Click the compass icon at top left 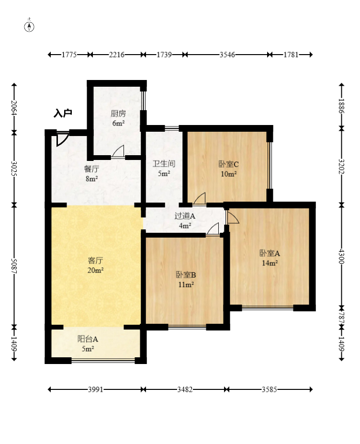coord(29,26)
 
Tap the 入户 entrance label coord(63,113)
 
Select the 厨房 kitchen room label coord(118,114)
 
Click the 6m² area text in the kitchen coord(118,123)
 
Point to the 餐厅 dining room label coord(92,169)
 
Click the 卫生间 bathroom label coord(164,164)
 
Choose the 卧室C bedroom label coord(229,164)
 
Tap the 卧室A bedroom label coord(270,253)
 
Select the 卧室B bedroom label coord(186,274)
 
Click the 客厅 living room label coord(95,261)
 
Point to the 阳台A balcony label coord(88,339)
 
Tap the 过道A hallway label coord(185,216)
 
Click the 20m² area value coord(95,270)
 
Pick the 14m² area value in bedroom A coord(270,263)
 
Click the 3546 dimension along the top coord(227,55)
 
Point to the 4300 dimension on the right coord(342,256)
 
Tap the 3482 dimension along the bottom coord(185,389)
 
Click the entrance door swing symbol coord(62,139)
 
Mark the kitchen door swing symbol coord(118,151)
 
